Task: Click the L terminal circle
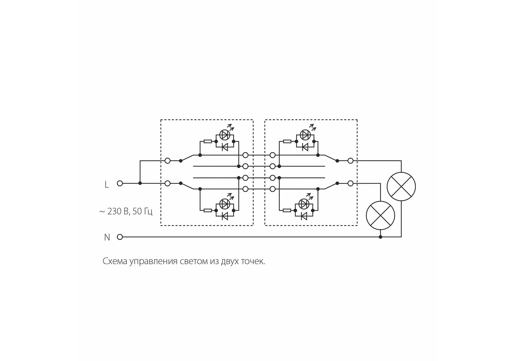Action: click(120, 183)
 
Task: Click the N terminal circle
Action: click(120, 237)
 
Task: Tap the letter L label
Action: click(107, 184)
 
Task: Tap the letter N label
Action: click(107, 237)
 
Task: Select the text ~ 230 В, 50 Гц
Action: click(126, 211)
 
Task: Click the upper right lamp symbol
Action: click(401, 187)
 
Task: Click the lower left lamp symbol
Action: click(380, 215)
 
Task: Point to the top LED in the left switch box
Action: click(225, 135)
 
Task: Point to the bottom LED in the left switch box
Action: click(225, 204)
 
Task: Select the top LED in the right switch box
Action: click(305, 135)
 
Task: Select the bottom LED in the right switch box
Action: click(304, 204)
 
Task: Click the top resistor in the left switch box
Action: click(208, 141)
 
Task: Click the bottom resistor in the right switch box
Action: click(287, 210)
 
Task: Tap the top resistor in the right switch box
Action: click(287, 141)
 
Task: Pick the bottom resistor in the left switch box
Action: click(208, 210)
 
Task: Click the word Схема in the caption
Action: click(115, 261)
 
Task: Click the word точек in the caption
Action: click(253, 261)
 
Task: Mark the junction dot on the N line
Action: click(380, 237)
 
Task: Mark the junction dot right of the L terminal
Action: click(140, 183)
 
